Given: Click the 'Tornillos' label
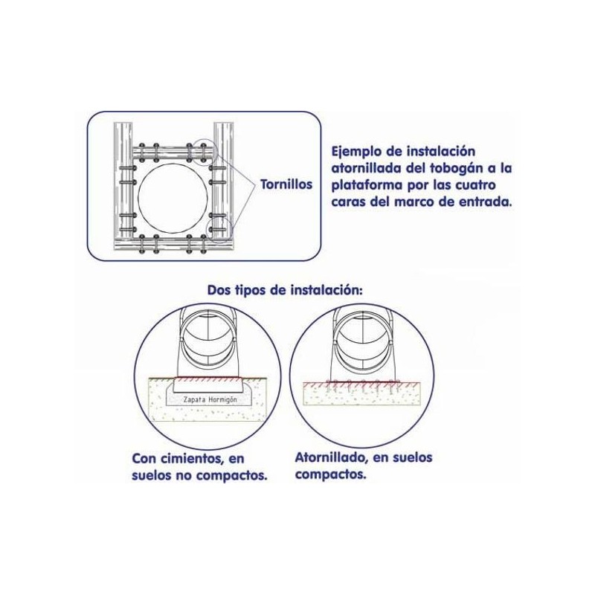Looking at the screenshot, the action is tap(286, 184).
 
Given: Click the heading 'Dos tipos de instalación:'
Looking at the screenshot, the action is tap(285, 291).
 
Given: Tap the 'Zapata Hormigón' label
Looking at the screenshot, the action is tap(210, 399).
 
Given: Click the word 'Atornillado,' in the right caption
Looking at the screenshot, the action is tap(331, 457).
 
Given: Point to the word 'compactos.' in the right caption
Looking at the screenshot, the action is tap(331, 475).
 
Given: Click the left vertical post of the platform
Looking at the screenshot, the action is tap(123, 186).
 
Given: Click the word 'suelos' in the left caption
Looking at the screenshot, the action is tap(152, 476).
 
